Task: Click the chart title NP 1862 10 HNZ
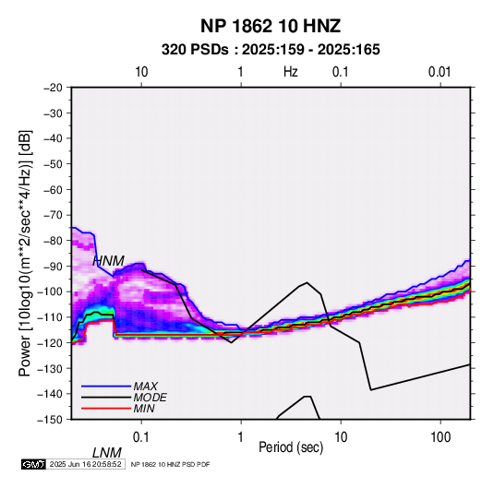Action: [271, 26]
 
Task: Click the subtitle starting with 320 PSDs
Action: [271, 50]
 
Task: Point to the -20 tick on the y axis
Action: [53, 88]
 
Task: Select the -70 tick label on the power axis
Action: [53, 215]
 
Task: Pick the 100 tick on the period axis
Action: [440, 437]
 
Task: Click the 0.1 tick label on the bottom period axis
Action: [141, 437]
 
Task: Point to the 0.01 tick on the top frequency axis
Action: [440, 72]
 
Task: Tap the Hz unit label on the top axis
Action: [291, 72]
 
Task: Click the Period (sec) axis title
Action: [291, 447]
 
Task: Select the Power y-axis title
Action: [25, 254]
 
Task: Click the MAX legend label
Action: [146, 387]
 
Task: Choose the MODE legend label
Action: [150, 398]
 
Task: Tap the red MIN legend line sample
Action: [106, 409]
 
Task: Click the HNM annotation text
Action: [109, 261]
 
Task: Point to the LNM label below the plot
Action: [107, 453]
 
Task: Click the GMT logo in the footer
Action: [33, 464]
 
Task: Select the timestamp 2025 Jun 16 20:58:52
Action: [85, 464]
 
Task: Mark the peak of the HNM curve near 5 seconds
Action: [307, 282]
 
